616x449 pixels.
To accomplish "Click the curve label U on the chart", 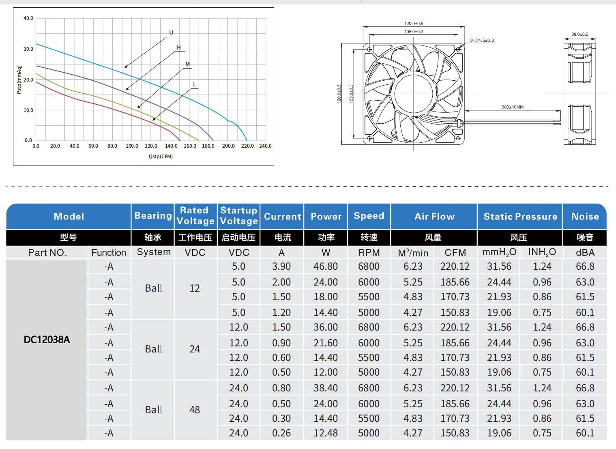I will click(171, 33).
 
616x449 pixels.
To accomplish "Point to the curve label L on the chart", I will click(195, 85).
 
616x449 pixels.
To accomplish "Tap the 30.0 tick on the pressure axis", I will click(28, 49).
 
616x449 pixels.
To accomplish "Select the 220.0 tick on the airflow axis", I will click(247, 146).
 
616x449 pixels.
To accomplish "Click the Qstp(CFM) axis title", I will click(161, 157).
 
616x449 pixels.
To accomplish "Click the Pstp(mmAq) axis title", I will click(19, 79).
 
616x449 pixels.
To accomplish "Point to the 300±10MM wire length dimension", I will click(513, 107).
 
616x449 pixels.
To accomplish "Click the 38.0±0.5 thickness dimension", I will click(580, 34).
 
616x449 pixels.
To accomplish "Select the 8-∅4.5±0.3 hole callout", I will click(482, 41).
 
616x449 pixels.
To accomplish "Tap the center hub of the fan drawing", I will click(414, 94).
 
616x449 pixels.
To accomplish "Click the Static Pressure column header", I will click(520, 217).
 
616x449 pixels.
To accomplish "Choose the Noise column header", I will click(585, 217).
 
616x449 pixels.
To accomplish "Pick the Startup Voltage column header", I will click(239, 216).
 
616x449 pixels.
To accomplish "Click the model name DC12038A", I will click(47, 340).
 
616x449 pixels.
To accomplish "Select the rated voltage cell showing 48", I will click(195, 410).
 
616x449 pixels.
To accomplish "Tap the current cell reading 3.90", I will click(281, 266).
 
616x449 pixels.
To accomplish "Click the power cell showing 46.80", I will click(326, 266).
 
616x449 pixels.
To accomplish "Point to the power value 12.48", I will click(326, 433).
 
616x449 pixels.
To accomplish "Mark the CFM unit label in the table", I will click(455, 253).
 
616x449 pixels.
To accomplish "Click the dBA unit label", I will click(585, 253).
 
